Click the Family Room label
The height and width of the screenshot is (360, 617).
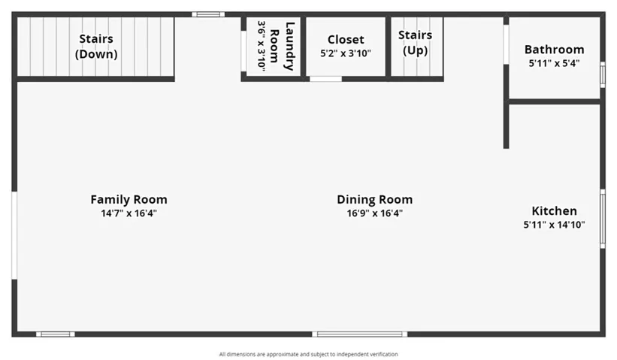point(129,199)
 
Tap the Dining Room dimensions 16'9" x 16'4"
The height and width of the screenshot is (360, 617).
point(374,213)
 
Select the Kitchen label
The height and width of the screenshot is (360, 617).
point(554,211)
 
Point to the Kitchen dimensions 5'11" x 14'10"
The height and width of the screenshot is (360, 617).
point(554,225)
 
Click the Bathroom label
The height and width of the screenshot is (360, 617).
point(554,50)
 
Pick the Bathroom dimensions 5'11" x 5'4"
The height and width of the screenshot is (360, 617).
point(554,63)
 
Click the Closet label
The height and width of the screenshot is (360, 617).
point(346,40)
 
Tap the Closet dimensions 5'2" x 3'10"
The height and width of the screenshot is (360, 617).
point(346,53)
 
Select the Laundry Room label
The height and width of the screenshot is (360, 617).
point(282,47)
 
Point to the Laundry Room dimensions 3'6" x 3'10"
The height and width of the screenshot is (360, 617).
point(262,47)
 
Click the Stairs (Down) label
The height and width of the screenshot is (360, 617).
point(96,47)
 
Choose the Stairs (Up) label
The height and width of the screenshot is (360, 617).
point(415,43)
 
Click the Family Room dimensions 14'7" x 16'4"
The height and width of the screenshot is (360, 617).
point(129,213)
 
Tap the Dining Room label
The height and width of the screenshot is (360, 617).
point(374,199)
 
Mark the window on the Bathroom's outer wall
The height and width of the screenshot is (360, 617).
point(603,74)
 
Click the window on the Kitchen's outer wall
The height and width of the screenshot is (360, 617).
point(603,219)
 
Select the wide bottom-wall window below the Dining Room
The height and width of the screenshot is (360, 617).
point(360,334)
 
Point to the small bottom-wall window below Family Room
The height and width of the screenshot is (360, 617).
point(56,334)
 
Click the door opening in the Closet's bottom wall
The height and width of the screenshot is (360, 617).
point(326,79)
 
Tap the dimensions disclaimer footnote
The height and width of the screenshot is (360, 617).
point(308,355)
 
